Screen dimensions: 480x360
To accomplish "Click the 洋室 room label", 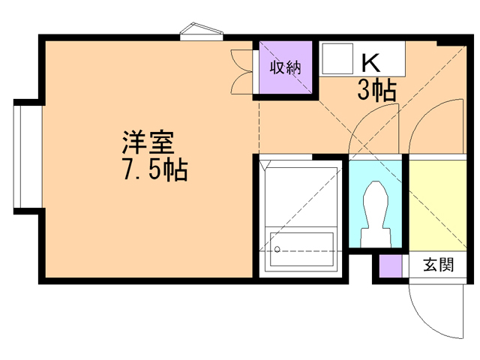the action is (148, 142).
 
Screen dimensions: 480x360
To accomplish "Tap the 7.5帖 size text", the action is (155, 169).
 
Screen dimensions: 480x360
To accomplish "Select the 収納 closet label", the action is (285, 67).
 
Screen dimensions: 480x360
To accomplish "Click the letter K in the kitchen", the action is (370, 63).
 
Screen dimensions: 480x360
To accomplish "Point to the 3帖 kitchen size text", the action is (377, 91).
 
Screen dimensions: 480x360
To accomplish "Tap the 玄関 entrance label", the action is (438, 265).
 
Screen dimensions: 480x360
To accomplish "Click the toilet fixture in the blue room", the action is (376, 214).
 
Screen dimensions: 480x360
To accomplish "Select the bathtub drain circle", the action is (277, 249).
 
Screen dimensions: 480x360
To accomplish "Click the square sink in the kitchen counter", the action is (337, 58).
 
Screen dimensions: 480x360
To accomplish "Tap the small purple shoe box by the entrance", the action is (391, 266).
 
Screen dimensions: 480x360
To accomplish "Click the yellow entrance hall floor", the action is (438, 205).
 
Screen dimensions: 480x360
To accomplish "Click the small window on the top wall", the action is (202, 31).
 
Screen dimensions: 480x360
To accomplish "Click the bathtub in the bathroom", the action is (301, 249).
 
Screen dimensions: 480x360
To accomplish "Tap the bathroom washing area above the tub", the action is (301, 196).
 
